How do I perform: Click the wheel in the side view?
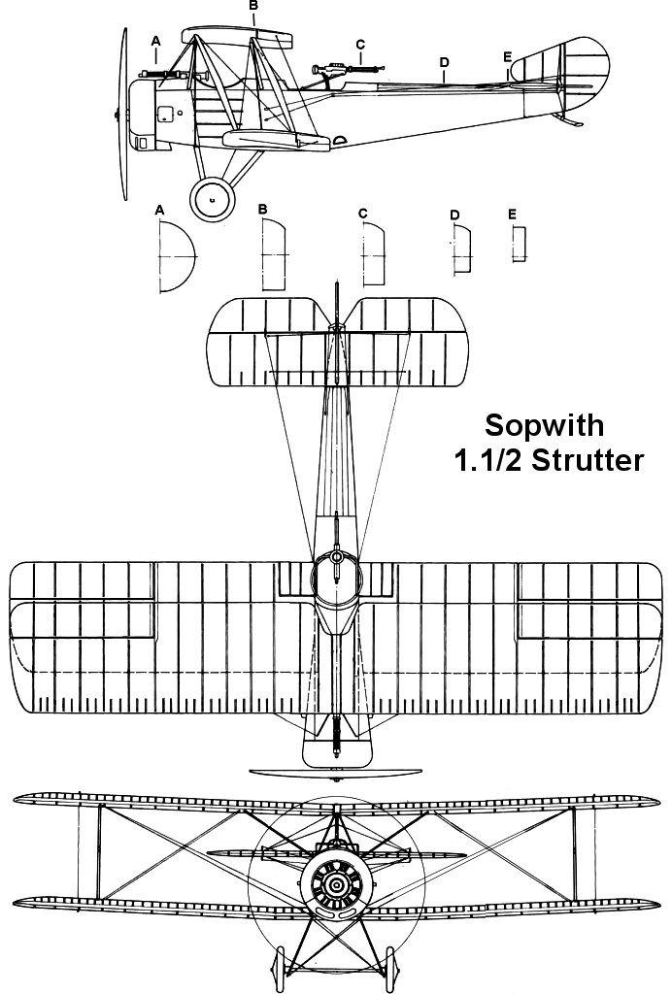point(211,198)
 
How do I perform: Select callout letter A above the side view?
point(155,40)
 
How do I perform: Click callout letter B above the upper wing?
point(253,6)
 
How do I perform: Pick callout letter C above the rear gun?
point(360,44)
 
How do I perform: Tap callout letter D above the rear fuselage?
point(444,62)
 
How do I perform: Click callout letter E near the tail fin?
point(507,57)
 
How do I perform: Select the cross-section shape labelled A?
point(175,256)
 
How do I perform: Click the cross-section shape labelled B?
point(274,254)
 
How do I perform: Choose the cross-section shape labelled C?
point(374,253)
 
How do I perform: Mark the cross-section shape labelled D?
point(461,249)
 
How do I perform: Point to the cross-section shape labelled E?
point(520,244)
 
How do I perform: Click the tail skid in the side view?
point(572,120)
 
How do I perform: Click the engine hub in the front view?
point(336,884)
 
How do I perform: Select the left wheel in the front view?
point(283,967)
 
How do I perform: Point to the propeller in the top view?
point(336,774)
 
